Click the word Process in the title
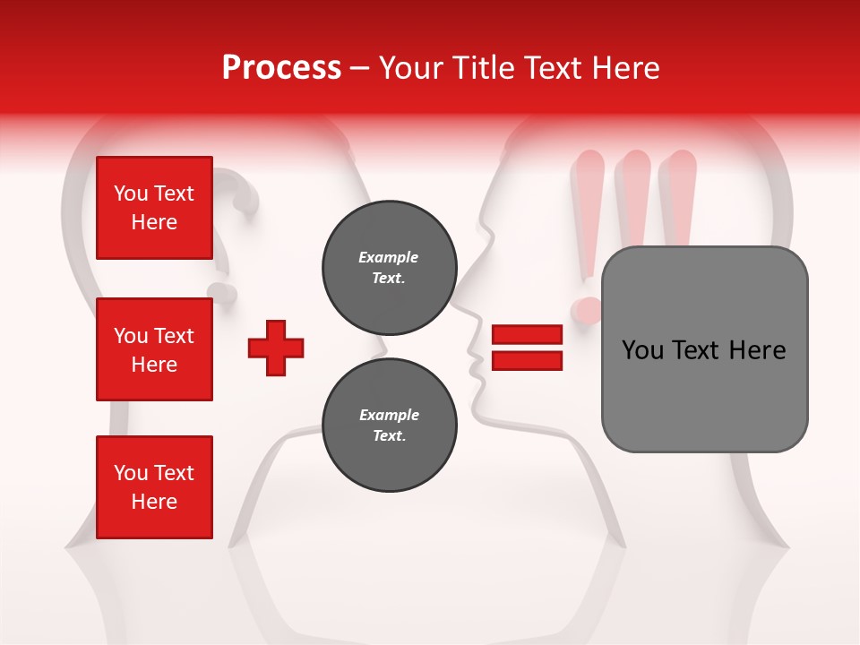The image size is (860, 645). tap(281, 67)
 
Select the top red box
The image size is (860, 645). tap(154, 208)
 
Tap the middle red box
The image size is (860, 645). tap(154, 349)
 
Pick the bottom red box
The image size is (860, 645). tap(154, 486)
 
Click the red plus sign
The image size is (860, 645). tap(276, 348)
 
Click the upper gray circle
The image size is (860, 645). tap(389, 268)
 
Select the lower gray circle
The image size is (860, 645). tap(389, 426)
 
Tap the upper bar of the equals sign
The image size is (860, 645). tap(527, 335)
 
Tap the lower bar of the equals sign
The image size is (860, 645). tap(527, 361)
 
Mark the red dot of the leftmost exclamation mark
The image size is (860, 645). tap(587, 310)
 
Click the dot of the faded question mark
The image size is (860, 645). tap(220, 292)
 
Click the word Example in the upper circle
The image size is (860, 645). tap(388, 257)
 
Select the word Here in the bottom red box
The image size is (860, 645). tap(154, 502)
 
